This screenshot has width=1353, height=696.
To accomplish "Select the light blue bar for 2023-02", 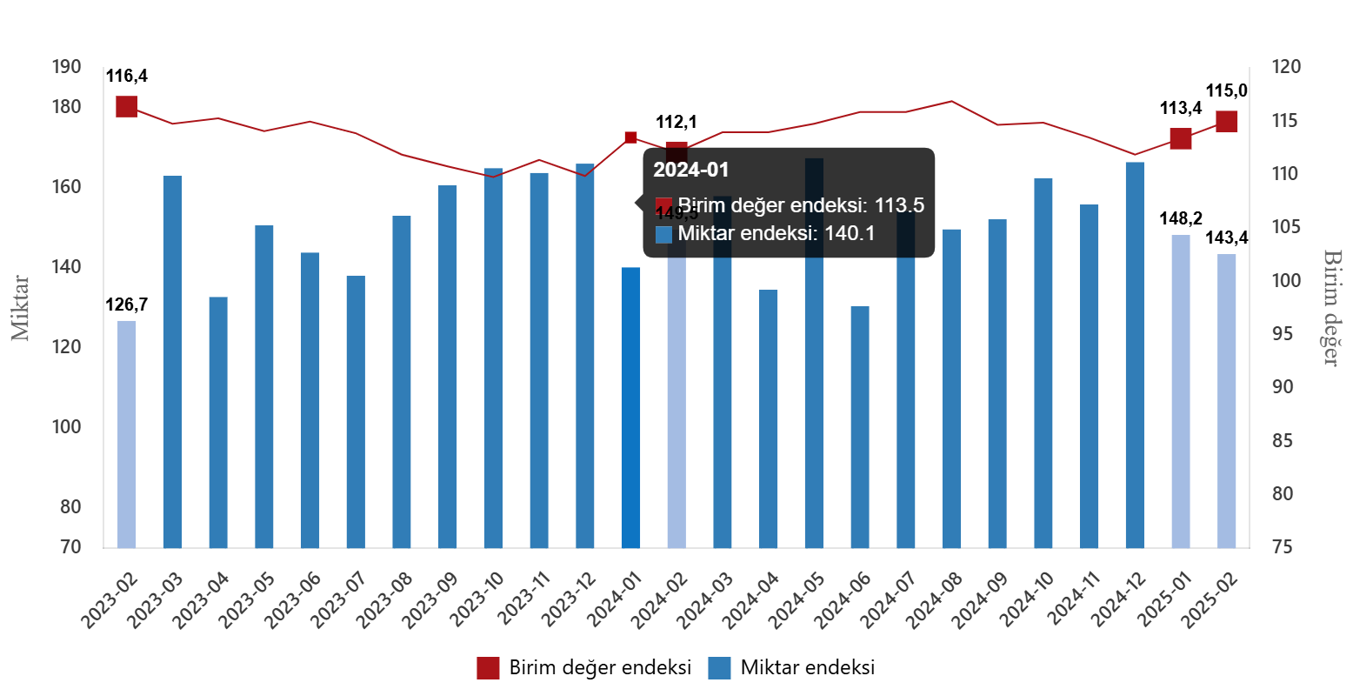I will pyautogui.click(x=127, y=434).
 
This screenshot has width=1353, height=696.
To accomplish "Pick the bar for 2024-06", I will pyautogui.click(x=859, y=426).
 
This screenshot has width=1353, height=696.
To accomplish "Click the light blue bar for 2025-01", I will pyautogui.click(x=1180, y=391).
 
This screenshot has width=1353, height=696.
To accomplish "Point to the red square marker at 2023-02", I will pyautogui.click(x=127, y=107).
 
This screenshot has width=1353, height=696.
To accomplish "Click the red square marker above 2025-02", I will pyautogui.click(x=1226, y=122).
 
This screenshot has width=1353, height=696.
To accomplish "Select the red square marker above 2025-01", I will pyautogui.click(x=1180, y=138).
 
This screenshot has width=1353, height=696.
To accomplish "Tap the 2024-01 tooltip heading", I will pyautogui.click(x=691, y=171).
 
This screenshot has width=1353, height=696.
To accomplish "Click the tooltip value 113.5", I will pyautogui.click(x=899, y=205).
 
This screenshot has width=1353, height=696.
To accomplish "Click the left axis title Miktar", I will pyautogui.click(x=21, y=308).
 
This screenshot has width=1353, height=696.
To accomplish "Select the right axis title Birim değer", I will pyautogui.click(x=1330, y=307).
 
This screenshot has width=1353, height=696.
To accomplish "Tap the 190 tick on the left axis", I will pyautogui.click(x=66, y=67).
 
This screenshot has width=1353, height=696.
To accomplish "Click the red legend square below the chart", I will pyautogui.click(x=488, y=668).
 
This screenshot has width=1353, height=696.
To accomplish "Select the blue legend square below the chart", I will pyautogui.click(x=719, y=668).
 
